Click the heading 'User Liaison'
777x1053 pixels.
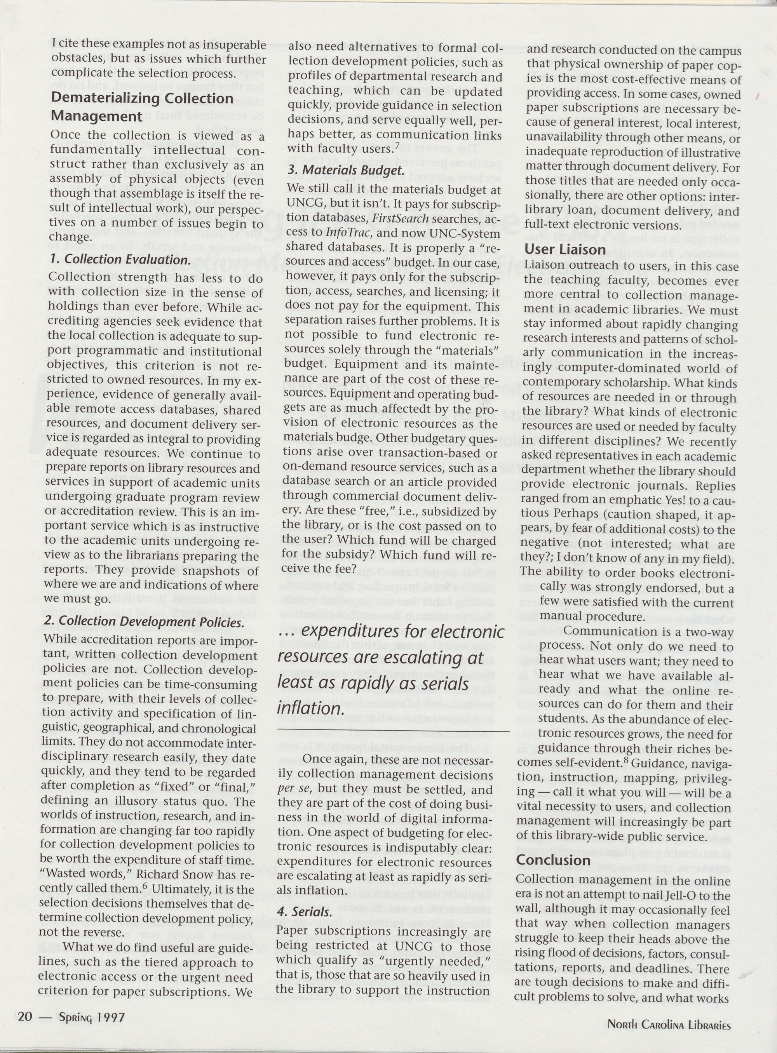[x=565, y=249]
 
